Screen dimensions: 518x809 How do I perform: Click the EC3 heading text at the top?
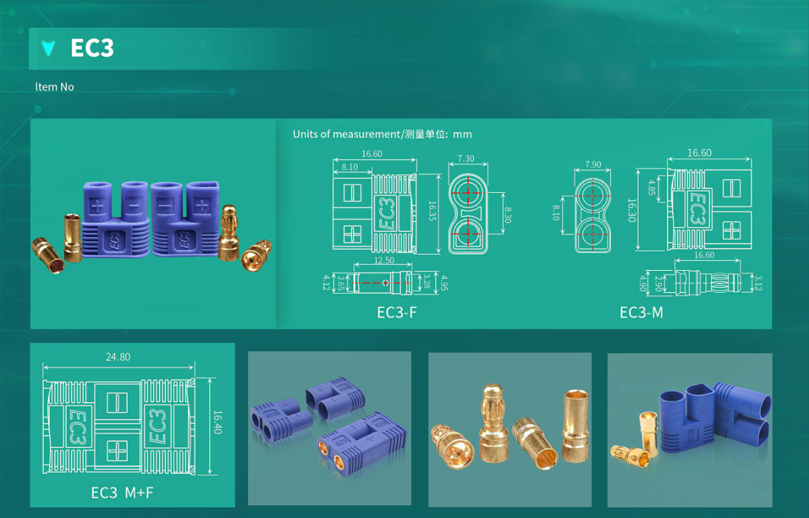91,48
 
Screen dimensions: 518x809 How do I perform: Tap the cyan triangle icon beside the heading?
49,48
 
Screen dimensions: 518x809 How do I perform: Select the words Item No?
54,86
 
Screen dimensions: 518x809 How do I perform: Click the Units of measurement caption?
382,134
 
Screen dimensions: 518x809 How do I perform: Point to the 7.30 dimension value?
466,159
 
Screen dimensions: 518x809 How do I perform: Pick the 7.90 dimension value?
593,164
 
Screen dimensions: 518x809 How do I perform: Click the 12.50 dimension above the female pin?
384,260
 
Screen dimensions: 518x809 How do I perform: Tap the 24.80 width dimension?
118,357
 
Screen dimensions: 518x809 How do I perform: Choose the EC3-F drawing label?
397,312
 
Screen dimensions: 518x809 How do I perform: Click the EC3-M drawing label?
641,312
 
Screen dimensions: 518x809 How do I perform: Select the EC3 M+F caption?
122,492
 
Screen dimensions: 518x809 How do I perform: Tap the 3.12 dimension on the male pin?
758,283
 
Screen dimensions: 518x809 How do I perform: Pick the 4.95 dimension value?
444,283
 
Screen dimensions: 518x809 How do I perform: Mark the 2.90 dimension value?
657,282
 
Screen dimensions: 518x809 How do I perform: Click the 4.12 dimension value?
327,283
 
